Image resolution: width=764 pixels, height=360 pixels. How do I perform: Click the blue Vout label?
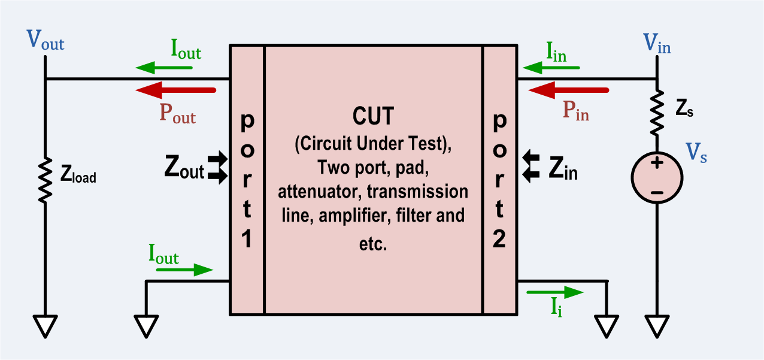click(46, 42)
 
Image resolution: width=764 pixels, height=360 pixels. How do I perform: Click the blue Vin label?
click(657, 43)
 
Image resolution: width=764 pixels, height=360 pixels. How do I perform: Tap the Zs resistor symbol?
click(657, 112)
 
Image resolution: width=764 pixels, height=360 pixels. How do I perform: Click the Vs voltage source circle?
click(657, 178)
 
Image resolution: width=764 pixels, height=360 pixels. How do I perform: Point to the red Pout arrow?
click(175, 90)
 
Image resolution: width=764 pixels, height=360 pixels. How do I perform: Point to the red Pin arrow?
click(569, 90)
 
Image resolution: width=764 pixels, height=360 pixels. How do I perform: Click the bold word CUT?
click(373, 116)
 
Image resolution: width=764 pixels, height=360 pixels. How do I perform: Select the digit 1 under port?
click(247, 239)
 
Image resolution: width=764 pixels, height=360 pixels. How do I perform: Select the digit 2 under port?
click(499, 239)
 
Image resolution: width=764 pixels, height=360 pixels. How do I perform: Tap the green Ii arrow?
click(554, 292)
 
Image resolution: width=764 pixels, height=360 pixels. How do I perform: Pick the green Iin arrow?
click(551, 67)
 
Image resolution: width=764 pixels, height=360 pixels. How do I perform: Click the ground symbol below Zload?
click(46, 326)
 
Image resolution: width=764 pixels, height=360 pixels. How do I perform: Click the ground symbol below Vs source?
click(657, 326)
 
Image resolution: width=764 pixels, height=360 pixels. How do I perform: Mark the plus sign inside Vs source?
click(657, 163)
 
